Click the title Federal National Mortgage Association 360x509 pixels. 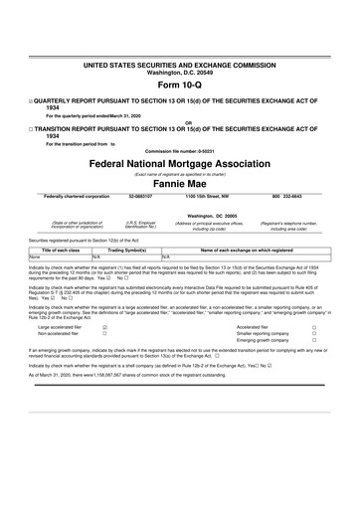(x=179, y=161)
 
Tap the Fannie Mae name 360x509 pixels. (x=179, y=184)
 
